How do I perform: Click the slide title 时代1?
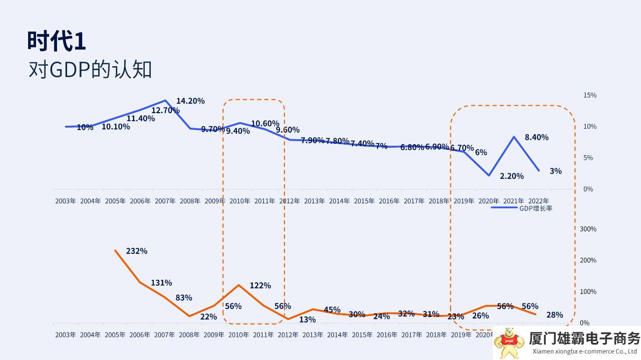click(x=57, y=41)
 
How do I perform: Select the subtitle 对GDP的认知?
click(x=90, y=70)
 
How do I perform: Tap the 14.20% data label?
click(x=190, y=101)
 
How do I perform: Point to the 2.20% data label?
click(x=511, y=176)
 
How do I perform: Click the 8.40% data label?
click(x=536, y=137)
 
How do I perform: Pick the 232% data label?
click(x=137, y=251)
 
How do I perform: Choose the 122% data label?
click(x=260, y=285)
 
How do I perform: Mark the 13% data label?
click(x=307, y=319)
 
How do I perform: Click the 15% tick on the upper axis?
click(x=589, y=95)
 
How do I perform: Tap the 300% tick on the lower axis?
click(x=588, y=229)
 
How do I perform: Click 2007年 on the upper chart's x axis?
click(x=165, y=201)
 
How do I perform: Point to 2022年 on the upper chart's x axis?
click(x=538, y=201)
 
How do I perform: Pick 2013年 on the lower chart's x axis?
click(x=314, y=335)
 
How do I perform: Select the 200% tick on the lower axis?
click(x=588, y=260)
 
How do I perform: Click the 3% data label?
click(x=555, y=171)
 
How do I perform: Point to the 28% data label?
click(x=555, y=315)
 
